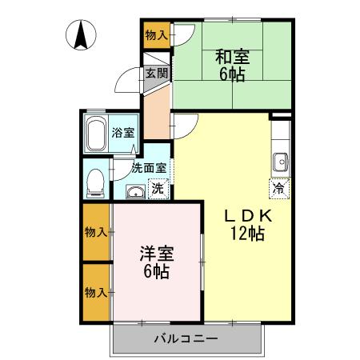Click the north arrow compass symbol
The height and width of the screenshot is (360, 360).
click(x=82, y=34)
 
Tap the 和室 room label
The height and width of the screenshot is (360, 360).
click(x=232, y=58)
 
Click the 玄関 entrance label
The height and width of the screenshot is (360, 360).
click(x=157, y=74)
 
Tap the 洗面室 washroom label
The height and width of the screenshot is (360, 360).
click(x=149, y=168)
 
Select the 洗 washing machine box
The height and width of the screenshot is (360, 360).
click(x=158, y=190)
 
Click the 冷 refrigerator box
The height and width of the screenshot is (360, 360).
click(x=278, y=190)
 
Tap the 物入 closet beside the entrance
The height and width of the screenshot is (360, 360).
click(x=156, y=34)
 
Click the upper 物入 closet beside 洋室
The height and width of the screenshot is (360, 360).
click(x=96, y=232)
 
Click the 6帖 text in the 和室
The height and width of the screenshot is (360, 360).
click(x=232, y=76)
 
